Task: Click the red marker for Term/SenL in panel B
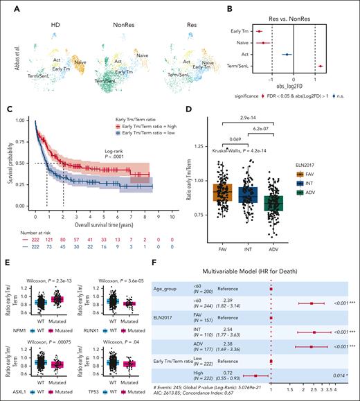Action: point(321,66)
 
